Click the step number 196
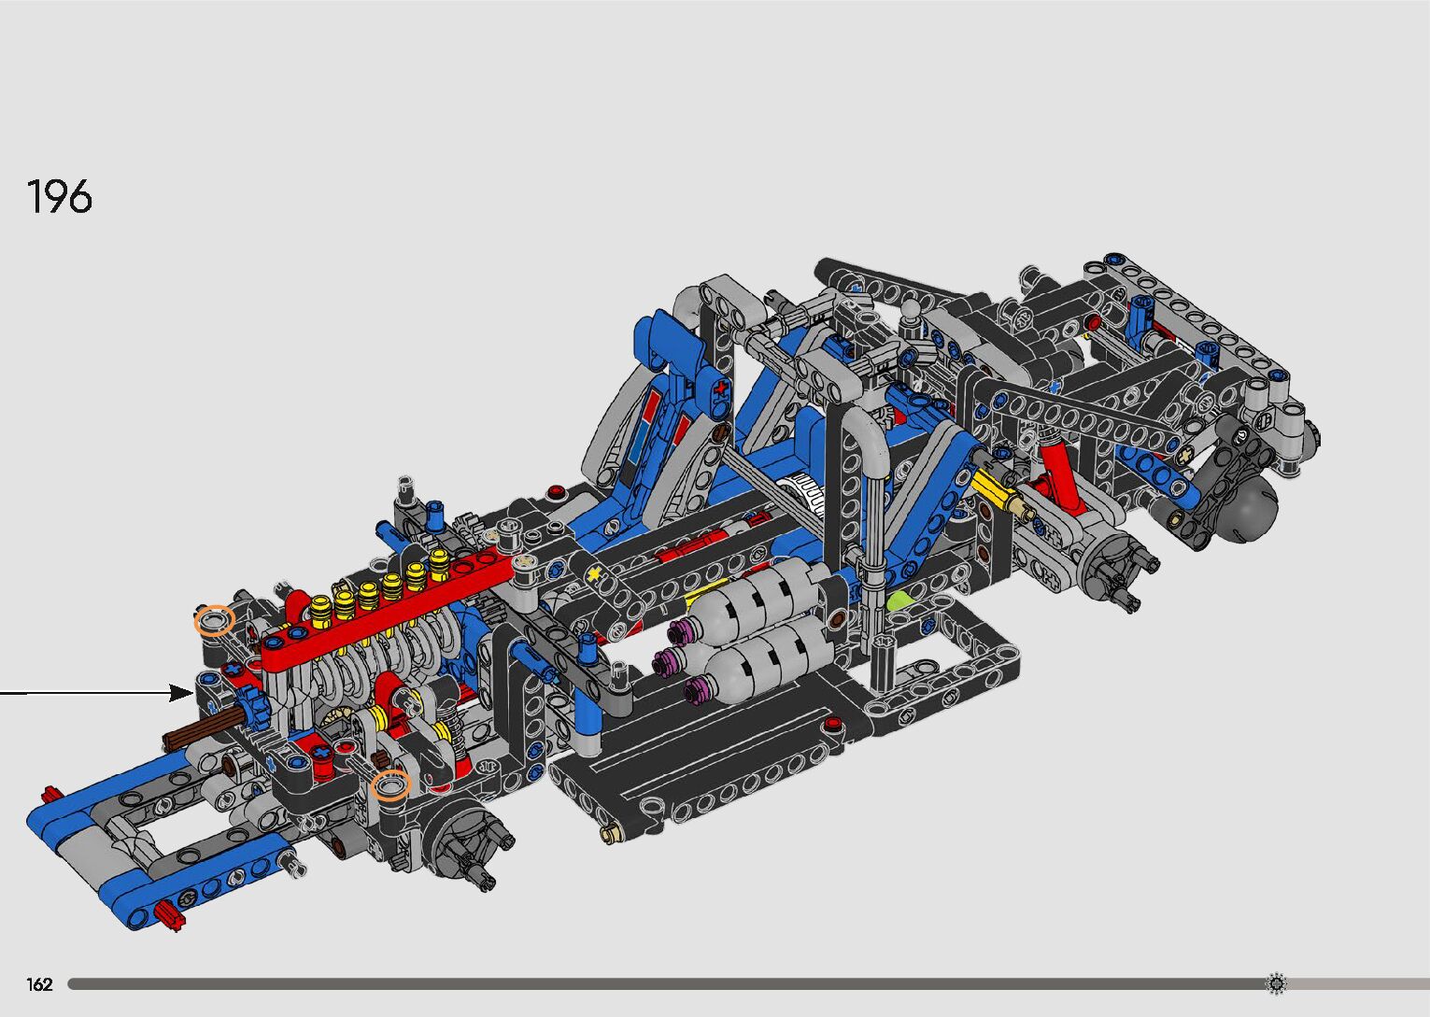pos(60,196)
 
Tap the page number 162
pos(39,983)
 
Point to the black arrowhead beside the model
pos(181,693)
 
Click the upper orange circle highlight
pos(215,620)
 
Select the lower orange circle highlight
pos(390,784)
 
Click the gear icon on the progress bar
pos(1276,983)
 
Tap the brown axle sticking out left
pos(201,730)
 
